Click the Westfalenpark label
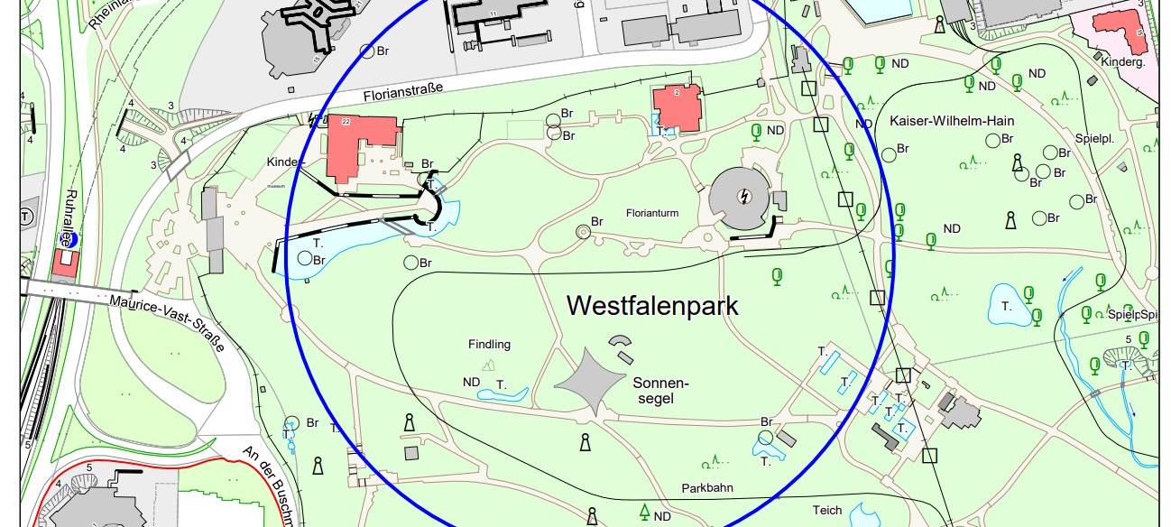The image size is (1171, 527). click(x=651, y=306)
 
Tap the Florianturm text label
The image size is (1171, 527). click(x=651, y=214)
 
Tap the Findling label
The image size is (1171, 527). click(x=489, y=344)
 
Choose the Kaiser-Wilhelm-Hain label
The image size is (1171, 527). click(x=952, y=121)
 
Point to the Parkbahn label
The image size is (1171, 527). click(x=706, y=488)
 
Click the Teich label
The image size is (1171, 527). click(x=826, y=510)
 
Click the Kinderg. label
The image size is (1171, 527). click(x=1123, y=62)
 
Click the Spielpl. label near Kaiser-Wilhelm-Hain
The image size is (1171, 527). click(x=1094, y=140)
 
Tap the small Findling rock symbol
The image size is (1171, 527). click(x=489, y=364)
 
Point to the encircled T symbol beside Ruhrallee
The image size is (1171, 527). click(x=26, y=217)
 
